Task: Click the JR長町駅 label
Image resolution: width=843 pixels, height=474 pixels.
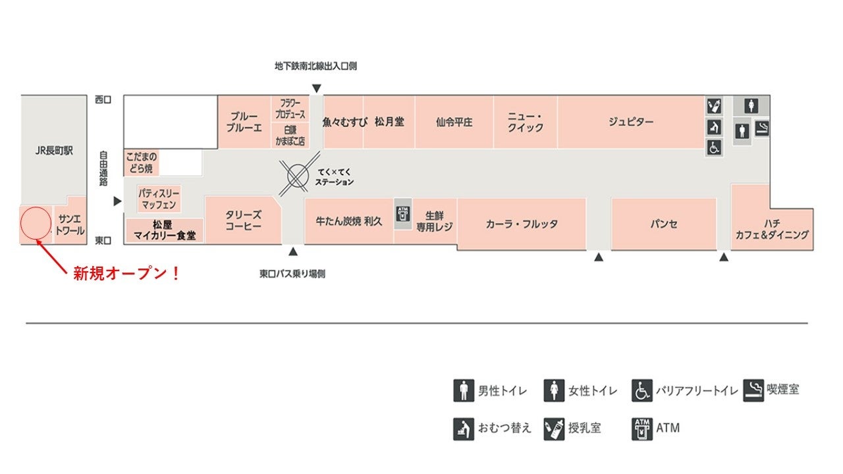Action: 54,151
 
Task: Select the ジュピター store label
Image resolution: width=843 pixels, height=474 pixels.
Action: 630,122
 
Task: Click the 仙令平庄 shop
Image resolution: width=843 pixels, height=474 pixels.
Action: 454,122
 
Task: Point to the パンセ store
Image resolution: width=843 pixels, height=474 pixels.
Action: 663,224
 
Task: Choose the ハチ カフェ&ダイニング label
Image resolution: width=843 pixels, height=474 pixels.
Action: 772,228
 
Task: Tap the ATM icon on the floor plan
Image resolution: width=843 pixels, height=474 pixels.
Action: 402,213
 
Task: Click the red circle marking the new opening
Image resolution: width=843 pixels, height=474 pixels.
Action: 36,223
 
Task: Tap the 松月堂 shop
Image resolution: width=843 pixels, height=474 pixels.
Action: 389,122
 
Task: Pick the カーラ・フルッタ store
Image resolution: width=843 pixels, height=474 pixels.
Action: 522,224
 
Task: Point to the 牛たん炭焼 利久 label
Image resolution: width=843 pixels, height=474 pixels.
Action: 349,221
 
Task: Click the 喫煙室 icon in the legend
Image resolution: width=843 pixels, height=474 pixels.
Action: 753,390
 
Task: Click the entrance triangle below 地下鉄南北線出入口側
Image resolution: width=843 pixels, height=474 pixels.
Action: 317,88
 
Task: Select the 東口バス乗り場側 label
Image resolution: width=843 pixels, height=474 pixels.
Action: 292,274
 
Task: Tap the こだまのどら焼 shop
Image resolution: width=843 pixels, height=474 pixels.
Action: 140,163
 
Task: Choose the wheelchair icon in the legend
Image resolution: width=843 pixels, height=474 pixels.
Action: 642,390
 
